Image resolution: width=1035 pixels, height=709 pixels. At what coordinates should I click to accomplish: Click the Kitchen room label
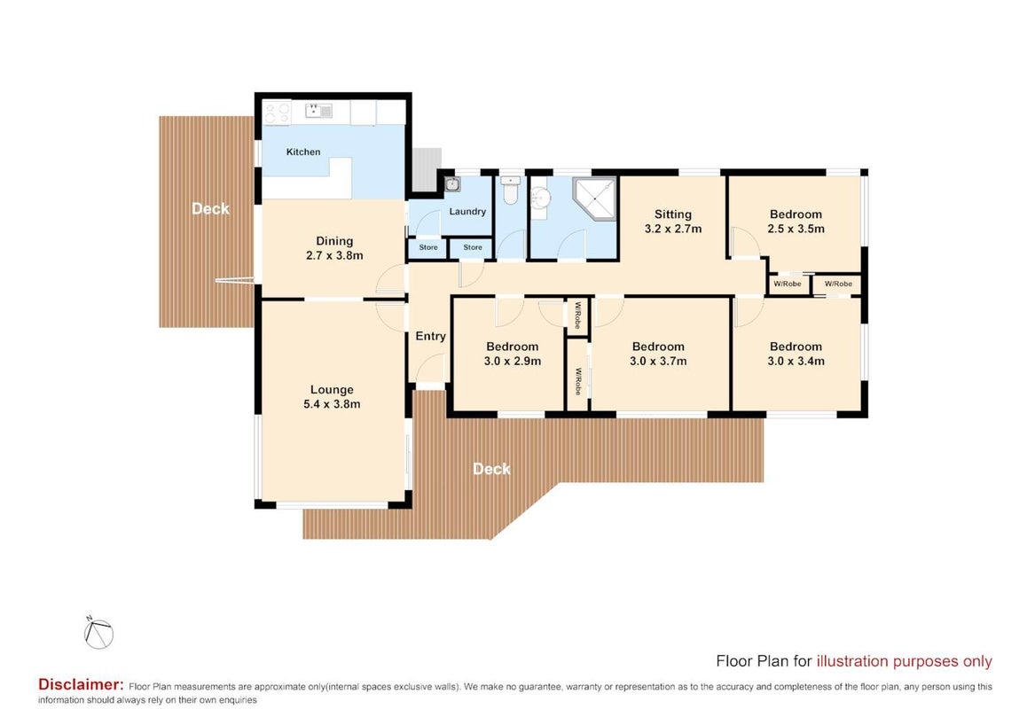[303, 152]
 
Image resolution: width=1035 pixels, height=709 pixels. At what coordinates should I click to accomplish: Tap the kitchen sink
[318, 111]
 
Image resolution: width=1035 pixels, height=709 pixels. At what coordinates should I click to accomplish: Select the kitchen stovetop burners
[277, 113]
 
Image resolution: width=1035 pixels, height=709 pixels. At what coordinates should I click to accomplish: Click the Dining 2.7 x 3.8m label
[334, 249]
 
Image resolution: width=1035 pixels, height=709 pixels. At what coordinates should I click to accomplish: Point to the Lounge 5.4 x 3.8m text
[332, 397]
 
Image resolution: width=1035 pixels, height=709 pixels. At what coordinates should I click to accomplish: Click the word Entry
[430, 336]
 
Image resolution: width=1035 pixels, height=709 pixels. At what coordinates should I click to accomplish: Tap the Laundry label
[467, 211]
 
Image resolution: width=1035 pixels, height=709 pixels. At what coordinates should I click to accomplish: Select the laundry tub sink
[452, 184]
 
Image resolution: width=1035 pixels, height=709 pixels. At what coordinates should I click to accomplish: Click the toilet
[510, 189]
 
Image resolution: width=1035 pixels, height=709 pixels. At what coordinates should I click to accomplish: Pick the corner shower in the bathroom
[595, 198]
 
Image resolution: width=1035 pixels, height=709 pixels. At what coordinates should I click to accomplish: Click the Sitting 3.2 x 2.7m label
[672, 222]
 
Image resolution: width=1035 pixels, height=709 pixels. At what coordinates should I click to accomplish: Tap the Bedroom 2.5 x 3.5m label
[796, 222]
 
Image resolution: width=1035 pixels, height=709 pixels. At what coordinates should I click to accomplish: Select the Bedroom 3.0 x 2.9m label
[513, 354]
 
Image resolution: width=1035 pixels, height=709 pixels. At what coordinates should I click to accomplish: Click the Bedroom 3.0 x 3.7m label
[658, 354]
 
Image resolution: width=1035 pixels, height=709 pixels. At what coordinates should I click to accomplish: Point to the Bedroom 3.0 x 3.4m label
[796, 354]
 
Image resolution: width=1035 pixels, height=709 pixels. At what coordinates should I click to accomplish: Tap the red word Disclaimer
[81, 684]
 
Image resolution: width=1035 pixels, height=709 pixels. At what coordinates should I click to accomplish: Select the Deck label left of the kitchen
[210, 208]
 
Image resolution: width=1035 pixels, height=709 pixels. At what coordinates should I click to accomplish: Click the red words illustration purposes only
[905, 661]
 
